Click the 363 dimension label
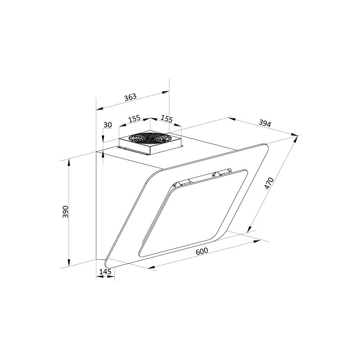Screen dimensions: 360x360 130,97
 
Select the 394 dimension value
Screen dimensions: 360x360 265,123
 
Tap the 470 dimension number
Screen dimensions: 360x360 269,183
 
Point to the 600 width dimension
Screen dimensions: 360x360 202,251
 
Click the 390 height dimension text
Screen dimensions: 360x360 66,212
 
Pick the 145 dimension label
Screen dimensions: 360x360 105,272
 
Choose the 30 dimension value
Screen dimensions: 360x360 108,125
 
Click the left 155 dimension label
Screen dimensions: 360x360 134,119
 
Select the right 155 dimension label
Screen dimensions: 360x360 166,119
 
